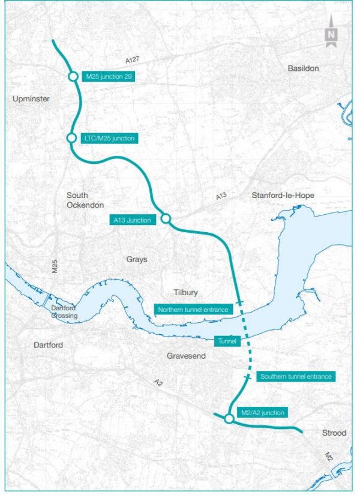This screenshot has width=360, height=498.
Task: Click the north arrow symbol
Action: tap(331, 37)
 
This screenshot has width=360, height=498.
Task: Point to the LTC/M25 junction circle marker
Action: tap(71, 139)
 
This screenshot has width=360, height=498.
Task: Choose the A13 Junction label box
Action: tap(133, 220)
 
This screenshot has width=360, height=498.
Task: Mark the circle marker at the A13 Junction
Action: tap(166, 219)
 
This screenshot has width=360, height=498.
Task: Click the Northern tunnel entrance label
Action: tap(193, 310)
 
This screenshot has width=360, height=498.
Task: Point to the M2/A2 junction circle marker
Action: tap(229, 419)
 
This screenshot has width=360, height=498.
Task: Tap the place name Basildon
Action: tap(303, 68)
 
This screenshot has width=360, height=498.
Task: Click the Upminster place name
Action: tap(31, 98)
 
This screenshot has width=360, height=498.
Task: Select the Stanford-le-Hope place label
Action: tap(283, 196)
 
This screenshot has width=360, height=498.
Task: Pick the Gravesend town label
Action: tap(186, 356)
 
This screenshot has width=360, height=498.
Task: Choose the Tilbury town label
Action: tap(184, 293)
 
